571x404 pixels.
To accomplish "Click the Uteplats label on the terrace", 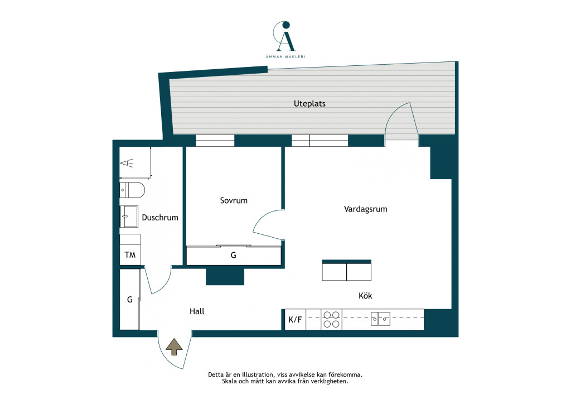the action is click(x=309, y=104).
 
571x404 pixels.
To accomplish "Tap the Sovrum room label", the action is click(x=234, y=200).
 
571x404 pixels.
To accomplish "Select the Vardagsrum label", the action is click(x=366, y=209).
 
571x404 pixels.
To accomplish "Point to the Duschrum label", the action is click(x=160, y=218).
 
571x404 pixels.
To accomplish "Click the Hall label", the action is click(x=197, y=311).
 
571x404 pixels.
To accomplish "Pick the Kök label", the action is click(x=365, y=295).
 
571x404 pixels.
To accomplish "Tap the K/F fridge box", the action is click(x=296, y=320).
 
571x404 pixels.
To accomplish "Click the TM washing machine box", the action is click(x=130, y=254).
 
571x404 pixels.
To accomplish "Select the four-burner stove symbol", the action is click(x=331, y=320).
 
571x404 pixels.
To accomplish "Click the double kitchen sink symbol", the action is click(x=380, y=319).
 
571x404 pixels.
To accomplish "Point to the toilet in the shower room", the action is click(x=132, y=190).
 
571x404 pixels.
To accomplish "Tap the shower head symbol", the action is click(x=127, y=163).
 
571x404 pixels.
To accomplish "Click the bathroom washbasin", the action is click(x=129, y=217).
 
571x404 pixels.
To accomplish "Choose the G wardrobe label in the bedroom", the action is click(x=234, y=256).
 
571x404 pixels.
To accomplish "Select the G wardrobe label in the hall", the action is click(x=129, y=300).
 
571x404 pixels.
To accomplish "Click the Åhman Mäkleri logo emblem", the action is click(x=284, y=36).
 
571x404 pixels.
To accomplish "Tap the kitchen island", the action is click(x=347, y=270).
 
